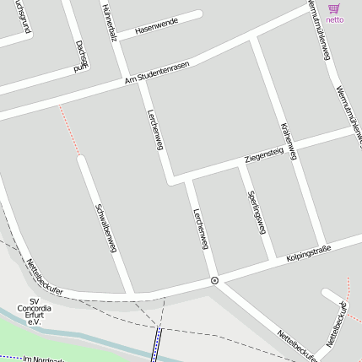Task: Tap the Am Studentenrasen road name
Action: [x=157, y=73]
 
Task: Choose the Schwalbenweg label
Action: [x=105, y=227]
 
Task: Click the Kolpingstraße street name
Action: [x=308, y=252]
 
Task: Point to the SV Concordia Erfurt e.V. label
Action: [x=34, y=311]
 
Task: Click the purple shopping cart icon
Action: [x=334, y=8]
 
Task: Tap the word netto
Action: [x=334, y=19]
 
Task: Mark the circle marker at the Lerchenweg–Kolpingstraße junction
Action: [x=214, y=280]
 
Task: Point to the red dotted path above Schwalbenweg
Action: [x=69, y=130]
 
